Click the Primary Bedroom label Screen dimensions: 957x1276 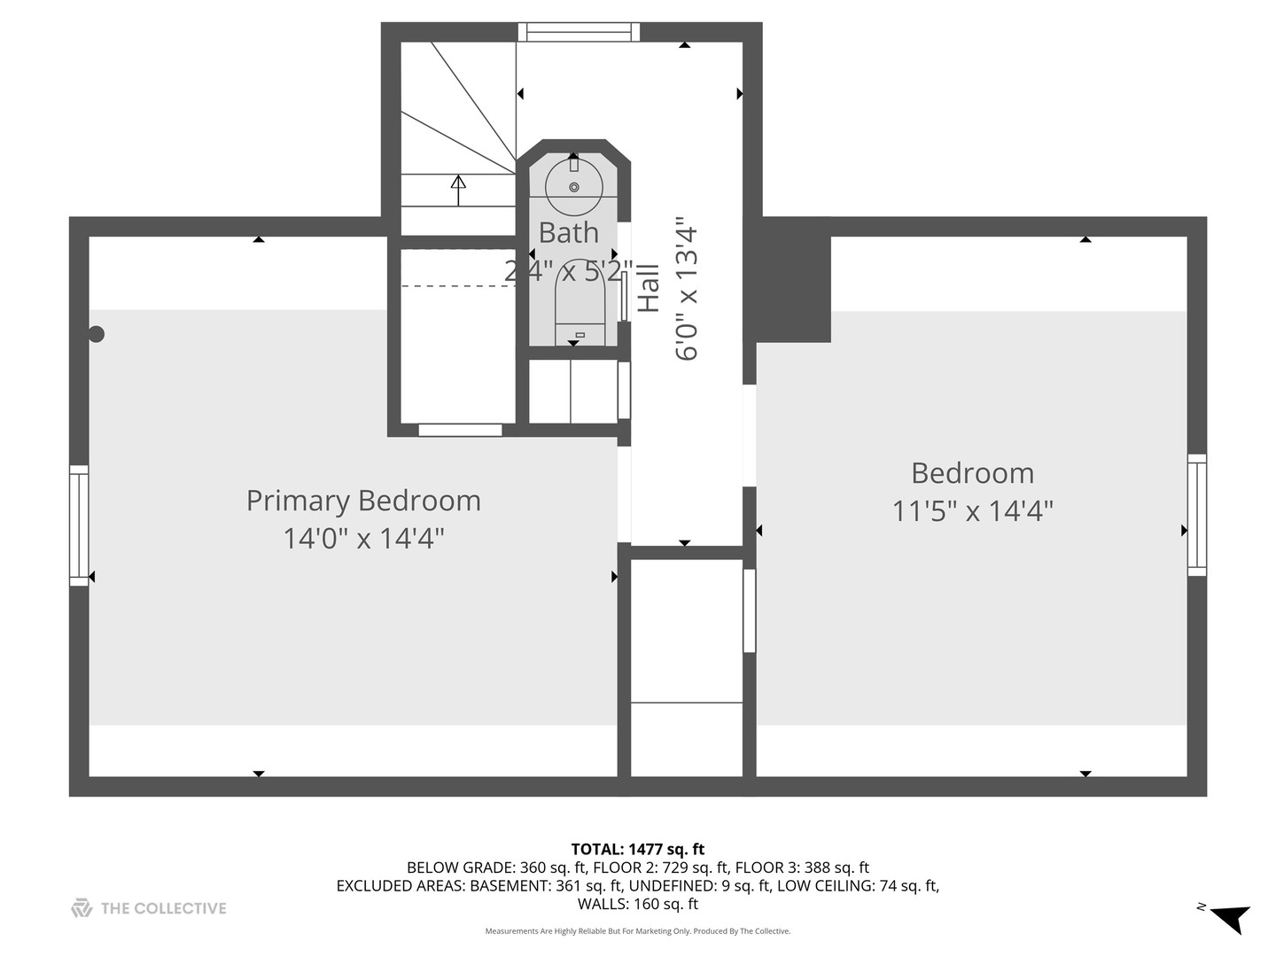(x=363, y=501)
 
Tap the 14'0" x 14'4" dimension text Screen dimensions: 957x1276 (x=363, y=539)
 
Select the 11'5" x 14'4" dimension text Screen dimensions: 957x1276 (x=972, y=511)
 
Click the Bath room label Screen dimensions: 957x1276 (x=568, y=233)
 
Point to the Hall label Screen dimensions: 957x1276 (x=650, y=287)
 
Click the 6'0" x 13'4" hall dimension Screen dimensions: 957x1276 (x=687, y=289)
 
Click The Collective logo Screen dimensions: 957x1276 (x=149, y=908)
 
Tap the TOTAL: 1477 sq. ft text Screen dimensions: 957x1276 (x=637, y=850)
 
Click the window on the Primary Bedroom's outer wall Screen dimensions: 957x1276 (x=79, y=525)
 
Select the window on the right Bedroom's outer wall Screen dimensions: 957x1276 (x=1197, y=515)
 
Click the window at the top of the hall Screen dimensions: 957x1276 (x=580, y=32)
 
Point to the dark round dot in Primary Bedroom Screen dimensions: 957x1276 (x=97, y=334)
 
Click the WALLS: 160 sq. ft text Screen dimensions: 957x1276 (x=637, y=904)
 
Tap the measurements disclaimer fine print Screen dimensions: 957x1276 (x=637, y=931)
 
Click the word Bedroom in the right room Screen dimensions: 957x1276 (x=972, y=473)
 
